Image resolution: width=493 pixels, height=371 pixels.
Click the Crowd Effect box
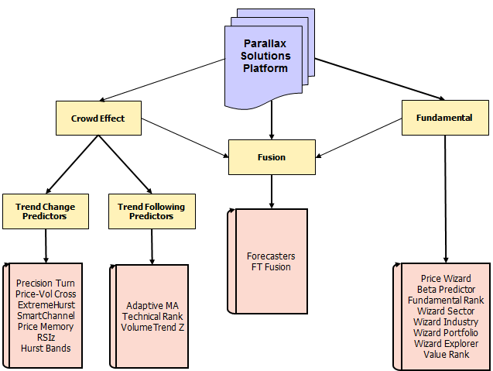click(x=98, y=119)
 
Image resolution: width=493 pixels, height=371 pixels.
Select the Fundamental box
click(x=447, y=118)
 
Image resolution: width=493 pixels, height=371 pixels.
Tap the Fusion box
click(x=271, y=157)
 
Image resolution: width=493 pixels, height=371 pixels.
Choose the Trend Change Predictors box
click(x=46, y=211)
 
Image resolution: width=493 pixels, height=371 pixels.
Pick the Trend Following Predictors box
click(x=152, y=211)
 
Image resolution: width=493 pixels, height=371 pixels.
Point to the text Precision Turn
click(x=45, y=283)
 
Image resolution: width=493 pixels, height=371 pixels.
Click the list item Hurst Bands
click(x=45, y=349)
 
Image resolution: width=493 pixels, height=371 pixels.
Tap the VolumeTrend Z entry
click(x=152, y=327)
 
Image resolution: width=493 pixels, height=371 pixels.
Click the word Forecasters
click(x=271, y=256)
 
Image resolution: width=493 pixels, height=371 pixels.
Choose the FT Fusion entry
click(x=271, y=267)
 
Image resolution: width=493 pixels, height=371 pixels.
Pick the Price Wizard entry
click(x=445, y=278)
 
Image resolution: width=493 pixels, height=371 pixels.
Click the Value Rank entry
click(x=445, y=354)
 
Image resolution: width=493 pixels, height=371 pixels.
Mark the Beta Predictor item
click(x=445, y=289)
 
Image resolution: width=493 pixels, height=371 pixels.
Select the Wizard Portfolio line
click(x=445, y=332)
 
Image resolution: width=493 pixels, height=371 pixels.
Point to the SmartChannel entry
click(x=45, y=316)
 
